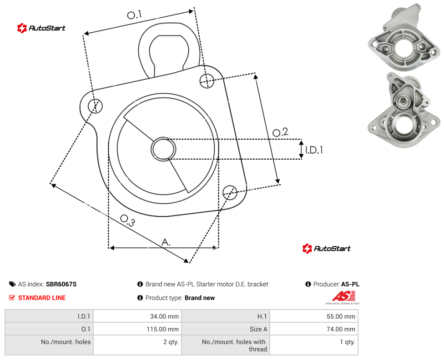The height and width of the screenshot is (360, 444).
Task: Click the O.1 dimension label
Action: click(x=134, y=15)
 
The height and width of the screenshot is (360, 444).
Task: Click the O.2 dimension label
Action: click(x=280, y=132)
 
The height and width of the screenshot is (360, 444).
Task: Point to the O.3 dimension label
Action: click(x=127, y=220)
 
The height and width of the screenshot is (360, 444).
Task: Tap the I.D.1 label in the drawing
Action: click(x=314, y=150)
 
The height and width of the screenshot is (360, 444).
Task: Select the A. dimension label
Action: click(x=166, y=242)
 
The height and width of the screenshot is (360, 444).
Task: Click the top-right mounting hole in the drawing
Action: click(x=207, y=80)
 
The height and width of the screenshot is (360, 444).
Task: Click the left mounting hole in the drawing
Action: click(x=95, y=106)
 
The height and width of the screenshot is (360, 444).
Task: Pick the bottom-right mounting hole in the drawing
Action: click(x=230, y=193)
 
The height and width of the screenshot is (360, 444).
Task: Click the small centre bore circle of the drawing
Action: click(x=163, y=149)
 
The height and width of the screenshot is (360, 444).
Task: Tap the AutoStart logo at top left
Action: click(x=41, y=28)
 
